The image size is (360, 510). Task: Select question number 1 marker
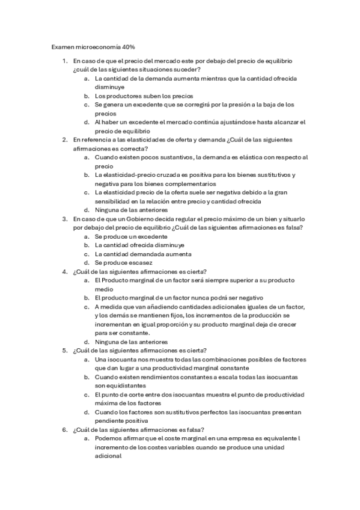(x=65, y=61)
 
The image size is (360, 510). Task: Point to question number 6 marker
(x=65, y=429)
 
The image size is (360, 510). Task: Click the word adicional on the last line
(x=108, y=456)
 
